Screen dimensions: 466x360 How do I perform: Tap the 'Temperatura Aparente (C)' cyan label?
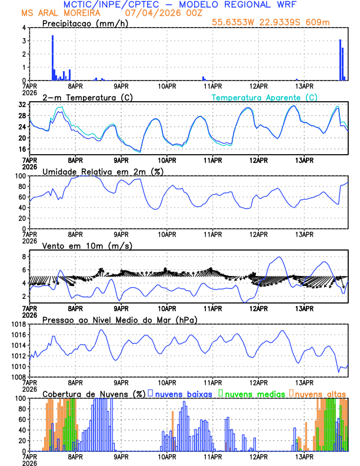point(265,97)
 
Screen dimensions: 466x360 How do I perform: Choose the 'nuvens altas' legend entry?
point(320,393)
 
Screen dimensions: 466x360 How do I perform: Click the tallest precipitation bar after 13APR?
point(340,59)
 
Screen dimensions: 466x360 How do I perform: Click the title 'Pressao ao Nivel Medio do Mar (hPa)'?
point(120,319)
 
